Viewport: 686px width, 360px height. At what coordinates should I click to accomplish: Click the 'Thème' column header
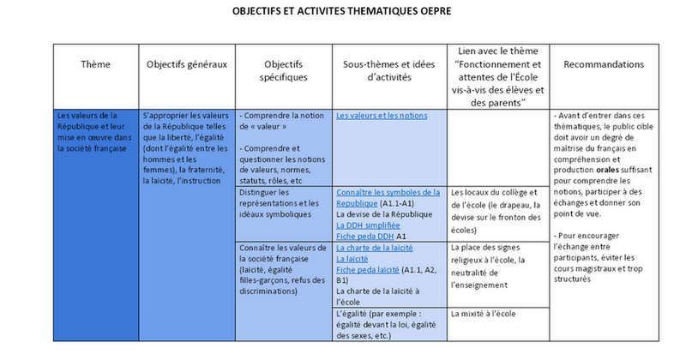click(95, 64)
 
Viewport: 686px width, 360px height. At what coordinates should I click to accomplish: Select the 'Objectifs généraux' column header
click(187, 64)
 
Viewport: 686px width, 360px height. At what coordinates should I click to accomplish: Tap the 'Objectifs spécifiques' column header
click(283, 70)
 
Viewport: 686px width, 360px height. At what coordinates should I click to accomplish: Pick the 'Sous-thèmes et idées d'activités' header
click(388, 70)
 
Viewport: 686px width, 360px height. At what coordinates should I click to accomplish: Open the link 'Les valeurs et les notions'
click(382, 116)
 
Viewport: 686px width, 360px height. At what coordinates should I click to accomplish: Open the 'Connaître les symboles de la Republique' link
click(388, 198)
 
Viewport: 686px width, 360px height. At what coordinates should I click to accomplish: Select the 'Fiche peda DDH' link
click(364, 236)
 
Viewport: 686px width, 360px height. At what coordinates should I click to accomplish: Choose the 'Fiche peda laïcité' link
click(368, 268)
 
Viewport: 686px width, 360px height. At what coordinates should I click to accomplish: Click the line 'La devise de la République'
click(384, 214)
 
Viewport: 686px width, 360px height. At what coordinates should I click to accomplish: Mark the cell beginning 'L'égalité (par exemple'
click(388, 326)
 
